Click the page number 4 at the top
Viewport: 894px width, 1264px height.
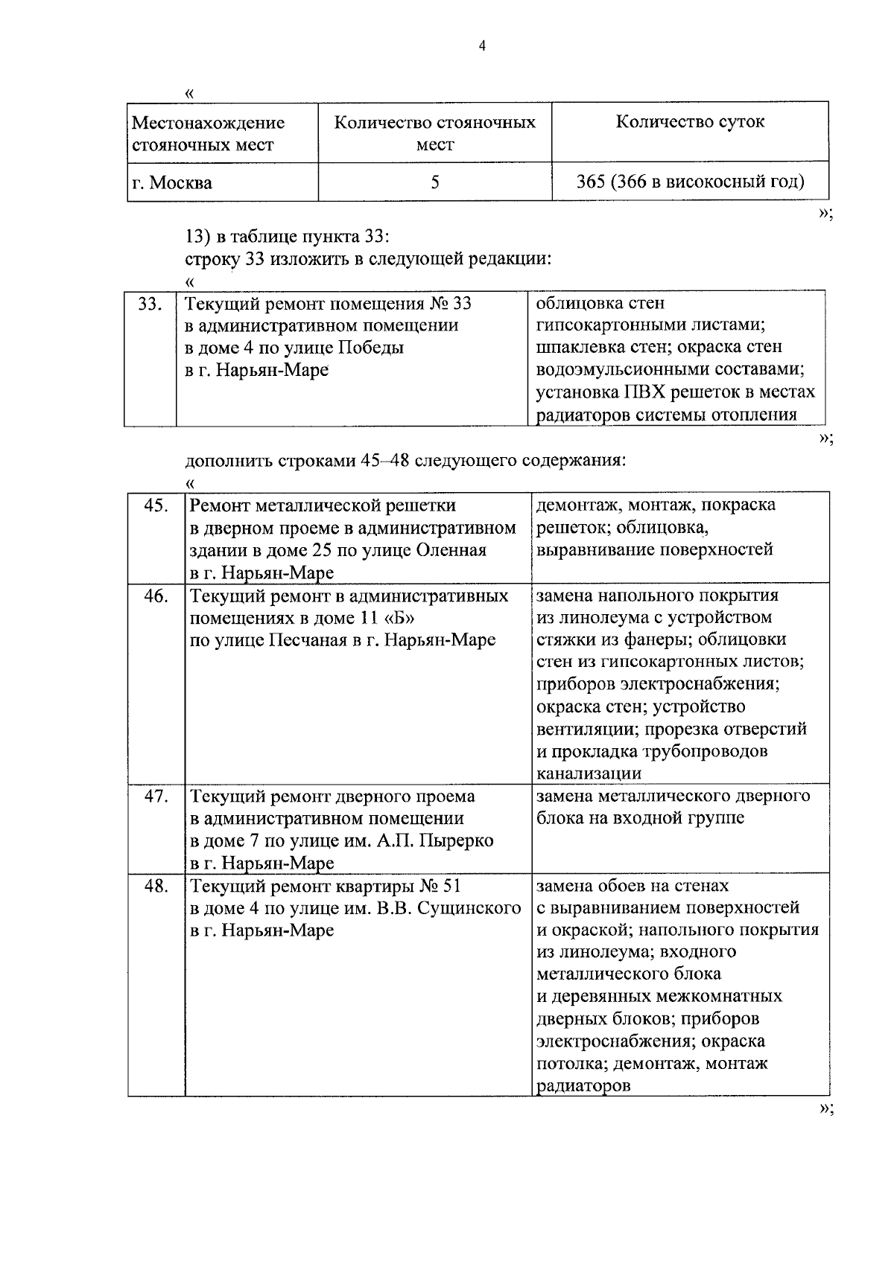click(x=482, y=46)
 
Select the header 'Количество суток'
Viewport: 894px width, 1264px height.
click(x=689, y=122)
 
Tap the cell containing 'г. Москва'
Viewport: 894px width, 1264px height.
click(x=171, y=182)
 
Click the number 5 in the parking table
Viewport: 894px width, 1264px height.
click(x=435, y=182)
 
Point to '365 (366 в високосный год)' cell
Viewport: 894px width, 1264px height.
click(x=690, y=182)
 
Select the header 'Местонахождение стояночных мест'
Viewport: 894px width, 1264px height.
click(x=208, y=133)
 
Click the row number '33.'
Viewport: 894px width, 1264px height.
click(x=150, y=304)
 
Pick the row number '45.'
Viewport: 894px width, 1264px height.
click(x=155, y=505)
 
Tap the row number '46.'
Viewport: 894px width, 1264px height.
click(x=155, y=596)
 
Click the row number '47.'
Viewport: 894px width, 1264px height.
click(x=155, y=796)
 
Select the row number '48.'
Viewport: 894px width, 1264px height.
click(x=155, y=886)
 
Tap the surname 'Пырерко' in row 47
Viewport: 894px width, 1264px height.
click(x=457, y=840)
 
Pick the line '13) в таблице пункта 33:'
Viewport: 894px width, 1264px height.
click(x=287, y=237)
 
